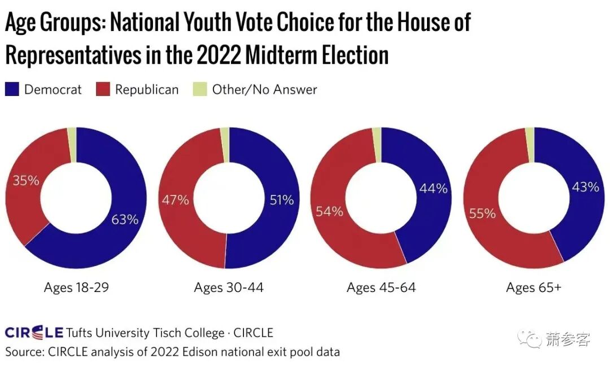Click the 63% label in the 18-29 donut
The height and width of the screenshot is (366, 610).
click(x=125, y=219)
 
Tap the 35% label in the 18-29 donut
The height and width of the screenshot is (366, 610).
click(x=25, y=181)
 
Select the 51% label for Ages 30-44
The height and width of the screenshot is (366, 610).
click(x=280, y=200)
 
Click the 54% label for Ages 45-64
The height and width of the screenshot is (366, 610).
click(x=329, y=211)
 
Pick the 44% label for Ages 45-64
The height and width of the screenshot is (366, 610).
click(x=433, y=189)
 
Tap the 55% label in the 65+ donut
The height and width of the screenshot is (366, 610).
click(x=482, y=213)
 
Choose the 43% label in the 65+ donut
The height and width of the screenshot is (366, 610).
click(x=585, y=187)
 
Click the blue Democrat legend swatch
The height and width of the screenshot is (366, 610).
click(x=12, y=89)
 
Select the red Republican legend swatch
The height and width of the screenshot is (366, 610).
click(x=103, y=89)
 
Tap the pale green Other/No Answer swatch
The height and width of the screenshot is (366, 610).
click(x=200, y=89)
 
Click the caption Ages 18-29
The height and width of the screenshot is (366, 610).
click(x=76, y=287)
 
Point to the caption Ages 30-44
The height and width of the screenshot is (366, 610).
click(x=229, y=287)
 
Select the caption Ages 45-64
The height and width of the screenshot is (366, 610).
click(x=381, y=287)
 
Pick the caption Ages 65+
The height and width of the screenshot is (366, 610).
click(x=534, y=287)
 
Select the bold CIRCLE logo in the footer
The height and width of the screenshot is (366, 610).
click(x=33, y=333)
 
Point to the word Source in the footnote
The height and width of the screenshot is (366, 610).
click(x=24, y=352)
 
